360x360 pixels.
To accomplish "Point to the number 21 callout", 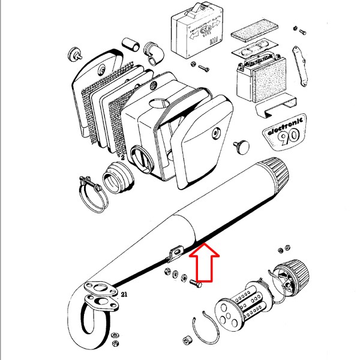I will click(x=124, y=295).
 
